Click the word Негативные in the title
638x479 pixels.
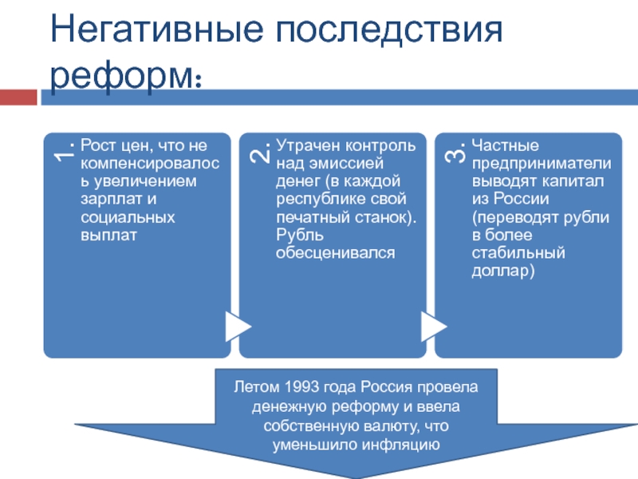[156, 30]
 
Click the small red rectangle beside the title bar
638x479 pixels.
[18, 97]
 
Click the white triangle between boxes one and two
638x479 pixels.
[238, 327]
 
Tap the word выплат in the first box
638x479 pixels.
[108, 236]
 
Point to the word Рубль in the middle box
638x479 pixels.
[300, 235]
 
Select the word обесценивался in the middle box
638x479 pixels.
[336, 253]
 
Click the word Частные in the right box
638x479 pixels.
[506, 145]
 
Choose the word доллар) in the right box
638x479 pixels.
[503, 271]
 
